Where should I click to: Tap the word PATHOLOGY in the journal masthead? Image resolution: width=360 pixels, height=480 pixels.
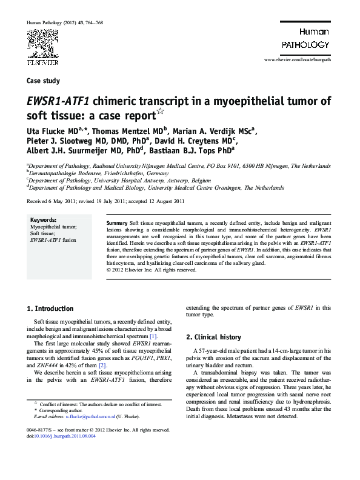coord(305,44)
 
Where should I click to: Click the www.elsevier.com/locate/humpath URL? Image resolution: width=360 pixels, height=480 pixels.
coord(297,62)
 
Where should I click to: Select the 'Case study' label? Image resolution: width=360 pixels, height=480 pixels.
coord(44,80)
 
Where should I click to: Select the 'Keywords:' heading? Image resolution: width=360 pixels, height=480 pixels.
coord(43,219)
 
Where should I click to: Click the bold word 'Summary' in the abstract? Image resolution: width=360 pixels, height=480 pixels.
coord(116,224)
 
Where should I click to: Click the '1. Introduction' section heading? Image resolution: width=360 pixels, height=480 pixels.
coord(51,308)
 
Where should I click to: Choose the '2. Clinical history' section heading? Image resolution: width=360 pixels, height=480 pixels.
coord(213,337)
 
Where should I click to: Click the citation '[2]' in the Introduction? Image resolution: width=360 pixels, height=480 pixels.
coord(102,365)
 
